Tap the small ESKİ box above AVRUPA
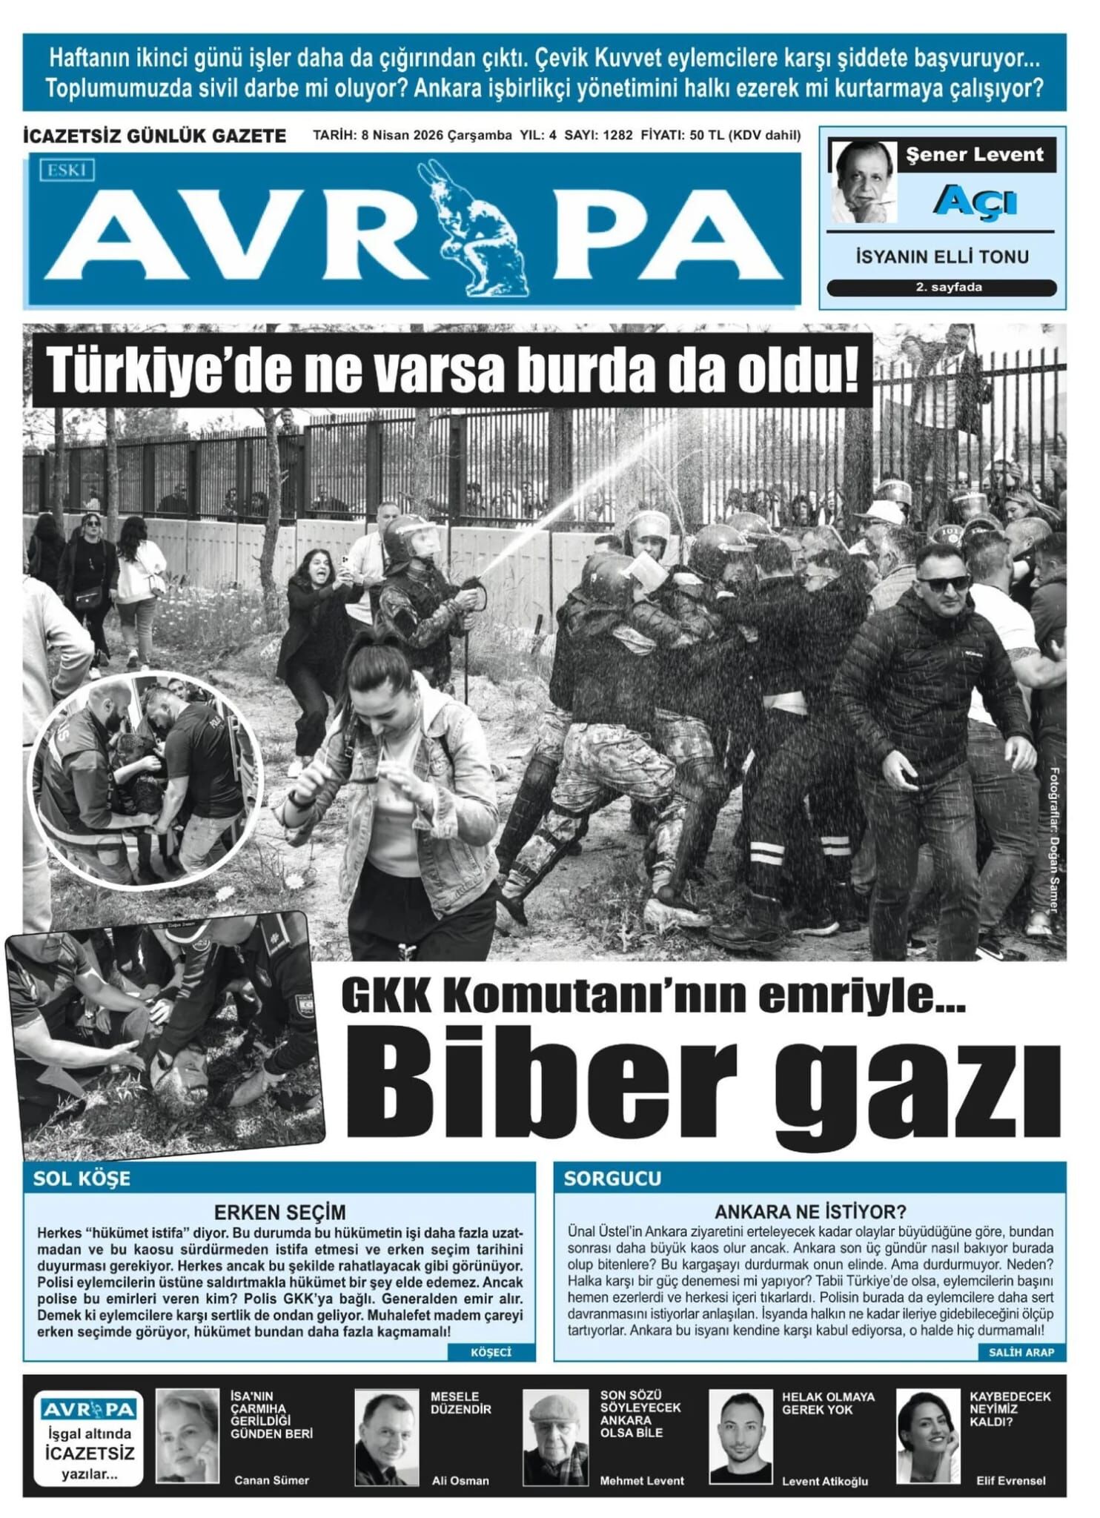pyautogui.click(x=67, y=170)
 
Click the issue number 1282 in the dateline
pyautogui.click(x=617, y=136)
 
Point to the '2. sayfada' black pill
pyautogui.click(x=941, y=288)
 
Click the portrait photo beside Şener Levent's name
pyautogui.click(x=864, y=182)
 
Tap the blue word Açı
pyautogui.click(x=974, y=201)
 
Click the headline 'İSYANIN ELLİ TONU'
pyautogui.click(x=941, y=257)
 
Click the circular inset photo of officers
pyautogui.click(x=146, y=781)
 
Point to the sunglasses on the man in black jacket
pyautogui.click(x=941, y=582)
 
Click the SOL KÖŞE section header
pyautogui.click(x=82, y=1179)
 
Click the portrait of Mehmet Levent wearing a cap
pyautogui.click(x=555, y=1436)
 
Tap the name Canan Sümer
pyautogui.click(x=271, y=1480)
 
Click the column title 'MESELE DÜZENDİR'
pyautogui.click(x=460, y=1402)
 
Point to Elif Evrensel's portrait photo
pyautogui.click(x=928, y=1436)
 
